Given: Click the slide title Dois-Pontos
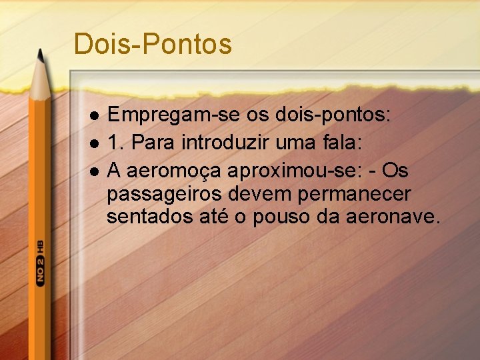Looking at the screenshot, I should (x=153, y=45).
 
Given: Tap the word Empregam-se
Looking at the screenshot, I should (x=159, y=116).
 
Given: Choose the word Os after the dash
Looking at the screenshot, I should (x=395, y=171).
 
